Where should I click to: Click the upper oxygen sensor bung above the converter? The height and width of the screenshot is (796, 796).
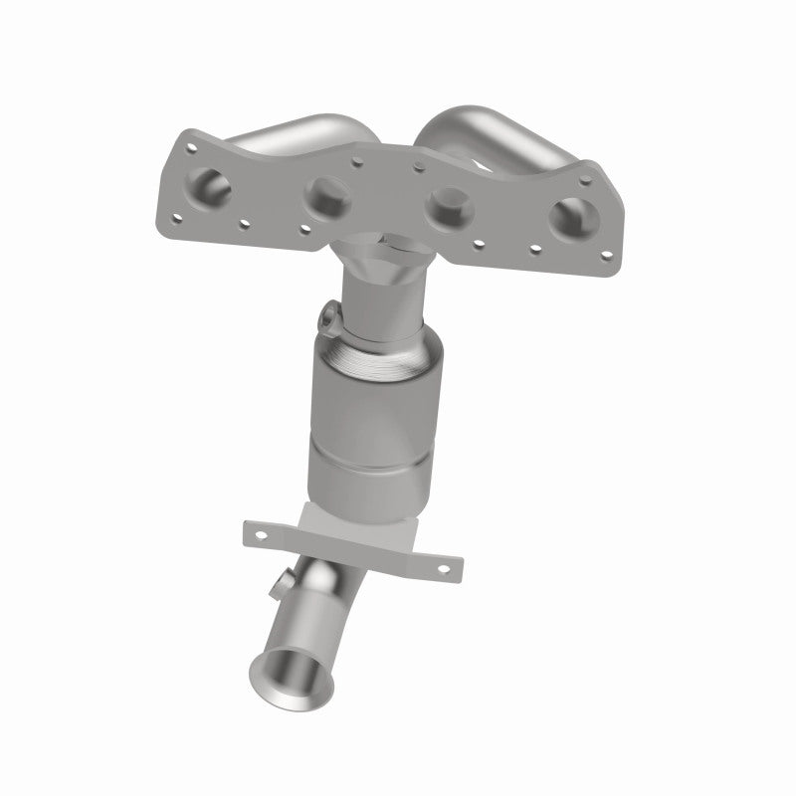pyautogui.click(x=330, y=319)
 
